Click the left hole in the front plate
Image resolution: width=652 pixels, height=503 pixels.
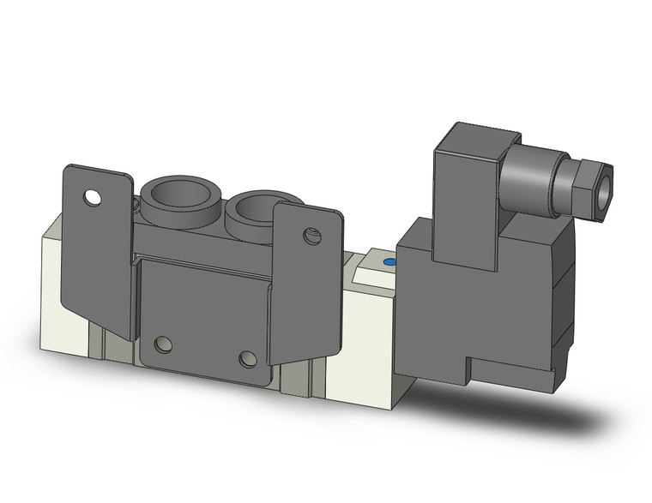coord(163,345)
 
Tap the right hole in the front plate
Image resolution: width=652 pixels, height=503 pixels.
coord(249,358)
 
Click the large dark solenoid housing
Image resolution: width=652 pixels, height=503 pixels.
coord(480,300)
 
